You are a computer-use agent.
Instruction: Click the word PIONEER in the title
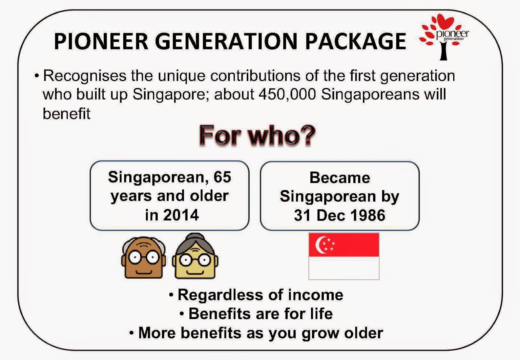pyautogui.click(x=101, y=41)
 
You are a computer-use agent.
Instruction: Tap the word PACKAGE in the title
pyautogui.click(x=356, y=41)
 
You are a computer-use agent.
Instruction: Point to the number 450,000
pyautogui.click(x=287, y=95)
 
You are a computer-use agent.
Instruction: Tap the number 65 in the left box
pyautogui.click(x=222, y=177)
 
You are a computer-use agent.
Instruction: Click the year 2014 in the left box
pyautogui.click(x=181, y=215)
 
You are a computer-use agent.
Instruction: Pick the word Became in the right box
pyautogui.click(x=340, y=178)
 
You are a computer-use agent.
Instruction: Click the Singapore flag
pyautogui.click(x=344, y=256)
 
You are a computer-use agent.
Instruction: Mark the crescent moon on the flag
pyautogui.click(x=320, y=245)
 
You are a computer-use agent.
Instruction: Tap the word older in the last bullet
pyautogui.click(x=364, y=333)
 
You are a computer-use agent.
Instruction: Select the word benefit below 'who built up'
pyautogui.click(x=67, y=114)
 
